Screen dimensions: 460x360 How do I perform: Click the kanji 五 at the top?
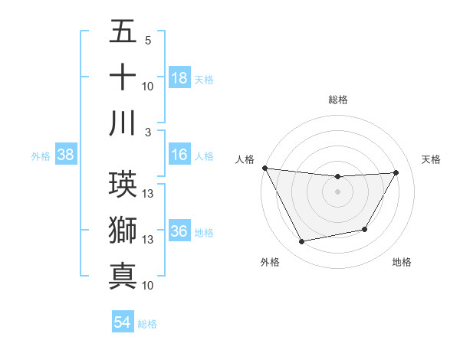pos(123,31)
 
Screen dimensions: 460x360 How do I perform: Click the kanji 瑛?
pos(123,182)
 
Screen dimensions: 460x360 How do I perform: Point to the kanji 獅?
pos(123,228)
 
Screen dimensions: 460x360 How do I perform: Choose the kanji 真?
pos(123,275)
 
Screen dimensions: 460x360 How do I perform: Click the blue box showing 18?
pos(179,77)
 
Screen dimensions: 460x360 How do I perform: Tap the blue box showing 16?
pos(179,155)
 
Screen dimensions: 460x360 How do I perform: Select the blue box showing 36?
pos(179,232)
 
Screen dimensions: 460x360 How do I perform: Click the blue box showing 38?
pos(65,155)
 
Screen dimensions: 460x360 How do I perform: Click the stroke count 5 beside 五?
pos(147,40)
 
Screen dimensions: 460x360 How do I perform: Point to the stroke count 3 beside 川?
pos(147,132)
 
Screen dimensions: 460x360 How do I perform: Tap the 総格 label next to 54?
pos(147,323)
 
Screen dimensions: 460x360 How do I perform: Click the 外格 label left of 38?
pos(41,156)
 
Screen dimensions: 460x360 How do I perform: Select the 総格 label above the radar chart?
pos(338,100)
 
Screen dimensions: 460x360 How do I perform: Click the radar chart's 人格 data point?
pos(264,168)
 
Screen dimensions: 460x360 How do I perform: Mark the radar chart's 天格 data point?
pos(396,172)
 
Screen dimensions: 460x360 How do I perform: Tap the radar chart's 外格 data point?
pos(302,242)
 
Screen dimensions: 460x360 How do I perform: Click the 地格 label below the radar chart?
pos(402,263)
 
